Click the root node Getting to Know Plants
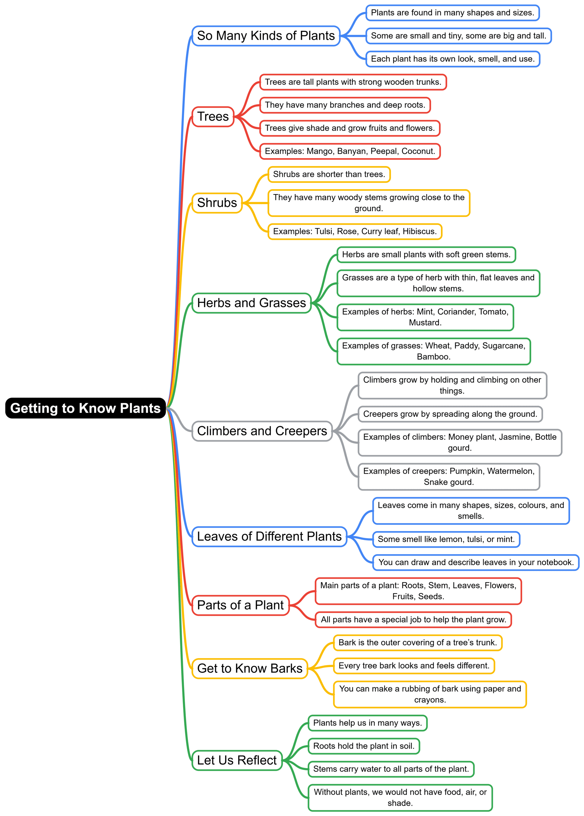pos(85,408)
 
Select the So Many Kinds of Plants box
pos(266,36)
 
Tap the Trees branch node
pos(213,117)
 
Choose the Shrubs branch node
pos(217,203)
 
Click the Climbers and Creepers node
pos(262,431)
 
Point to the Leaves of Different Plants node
pos(269,536)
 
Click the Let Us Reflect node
pos(237,760)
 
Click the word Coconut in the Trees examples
pos(418,151)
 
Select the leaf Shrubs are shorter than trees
pos(329,174)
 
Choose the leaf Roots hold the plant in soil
pos(364,746)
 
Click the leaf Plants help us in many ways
pos(367,723)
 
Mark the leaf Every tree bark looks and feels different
pos(414,665)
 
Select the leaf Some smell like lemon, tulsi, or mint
pos(446,539)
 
